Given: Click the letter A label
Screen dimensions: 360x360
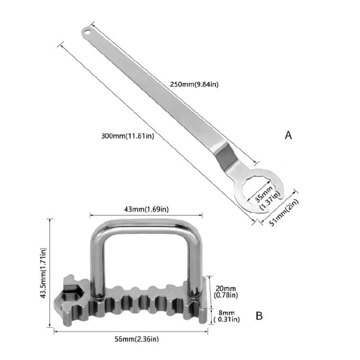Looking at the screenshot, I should pos(288,135).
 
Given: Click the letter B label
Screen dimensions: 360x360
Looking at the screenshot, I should pos(259,316).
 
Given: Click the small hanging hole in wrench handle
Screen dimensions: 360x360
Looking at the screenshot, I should pos(87,33).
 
